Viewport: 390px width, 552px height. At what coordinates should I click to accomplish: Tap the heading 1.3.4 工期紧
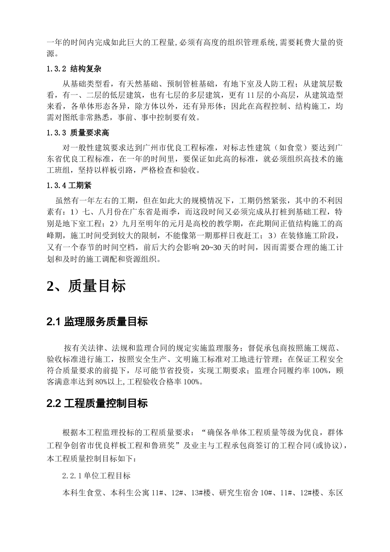click(x=69, y=185)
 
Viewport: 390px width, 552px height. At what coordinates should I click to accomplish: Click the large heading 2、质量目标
click(x=86, y=286)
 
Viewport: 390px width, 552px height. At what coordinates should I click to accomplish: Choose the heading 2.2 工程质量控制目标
click(x=97, y=403)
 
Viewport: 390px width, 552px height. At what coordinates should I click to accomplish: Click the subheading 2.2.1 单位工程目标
click(x=96, y=476)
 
